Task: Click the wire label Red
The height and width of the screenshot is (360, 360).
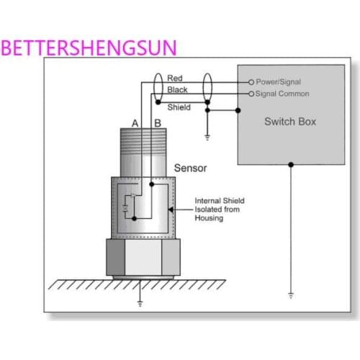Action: tap(175, 78)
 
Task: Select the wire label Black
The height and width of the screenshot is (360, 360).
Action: tap(177, 89)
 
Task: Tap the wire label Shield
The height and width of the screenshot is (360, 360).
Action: tap(179, 107)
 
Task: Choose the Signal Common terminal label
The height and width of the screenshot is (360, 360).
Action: tap(283, 94)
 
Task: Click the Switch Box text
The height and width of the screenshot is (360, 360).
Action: tap(290, 121)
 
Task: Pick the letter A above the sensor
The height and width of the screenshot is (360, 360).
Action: tap(136, 123)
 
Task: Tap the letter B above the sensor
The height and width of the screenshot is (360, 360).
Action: tap(158, 123)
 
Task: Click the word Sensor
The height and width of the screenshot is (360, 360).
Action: tap(191, 168)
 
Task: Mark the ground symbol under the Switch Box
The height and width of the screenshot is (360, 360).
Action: tap(290, 294)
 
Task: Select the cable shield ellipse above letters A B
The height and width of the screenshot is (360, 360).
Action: tap(158, 89)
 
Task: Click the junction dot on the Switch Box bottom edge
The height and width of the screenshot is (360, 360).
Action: tap(290, 165)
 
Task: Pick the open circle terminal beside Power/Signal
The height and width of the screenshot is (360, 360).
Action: tap(251, 82)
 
